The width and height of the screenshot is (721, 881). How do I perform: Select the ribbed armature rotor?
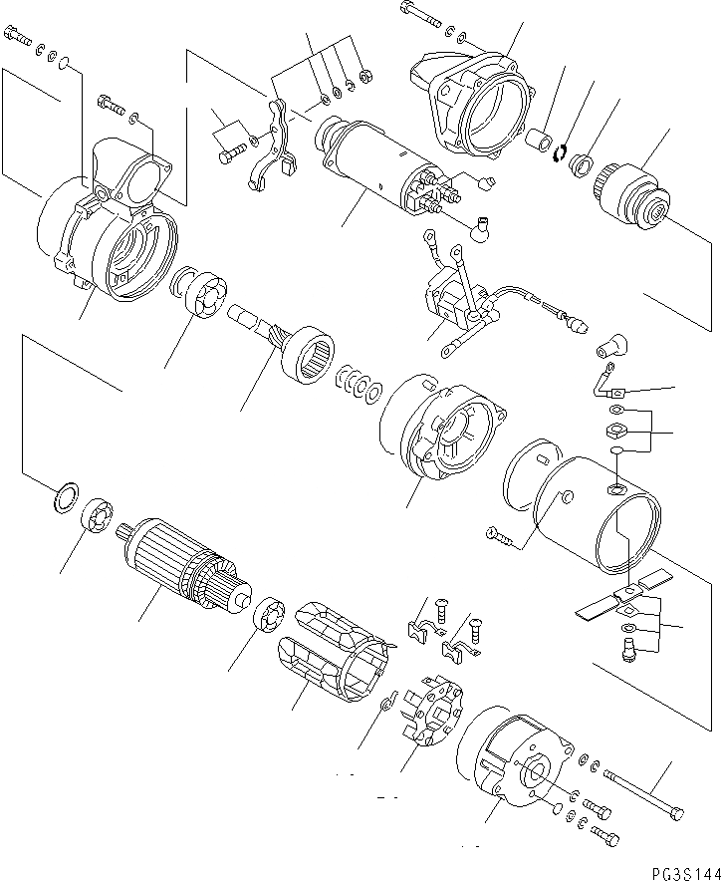[179, 569]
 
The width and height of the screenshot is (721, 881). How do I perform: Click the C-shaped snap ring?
[562, 150]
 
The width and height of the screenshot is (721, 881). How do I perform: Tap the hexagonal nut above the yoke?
[615, 432]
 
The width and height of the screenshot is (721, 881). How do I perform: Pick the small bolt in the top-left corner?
[19, 39]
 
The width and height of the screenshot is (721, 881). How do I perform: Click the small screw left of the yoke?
[501, 537]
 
